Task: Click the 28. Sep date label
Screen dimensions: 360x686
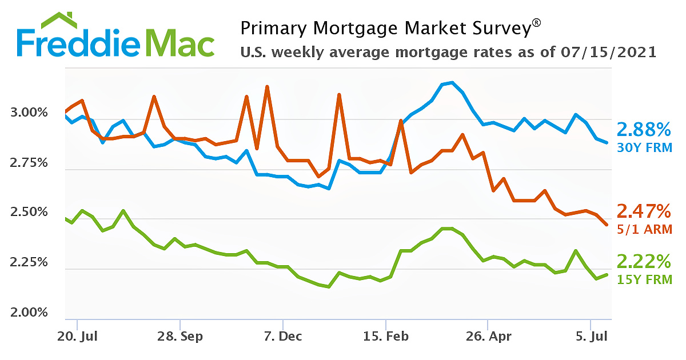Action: [180, 336]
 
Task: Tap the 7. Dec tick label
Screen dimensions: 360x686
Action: [282, 336]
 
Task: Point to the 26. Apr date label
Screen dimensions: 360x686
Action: [487, 336]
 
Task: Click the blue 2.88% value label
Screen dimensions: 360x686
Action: [643, 129]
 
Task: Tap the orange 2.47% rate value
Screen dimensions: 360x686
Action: [643, 211]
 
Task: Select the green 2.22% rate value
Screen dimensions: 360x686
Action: [643, 262]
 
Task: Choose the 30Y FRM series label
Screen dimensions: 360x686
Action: [644, 147]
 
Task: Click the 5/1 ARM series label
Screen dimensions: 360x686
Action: [644, 230]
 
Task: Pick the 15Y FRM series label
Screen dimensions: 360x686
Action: [644, 280]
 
